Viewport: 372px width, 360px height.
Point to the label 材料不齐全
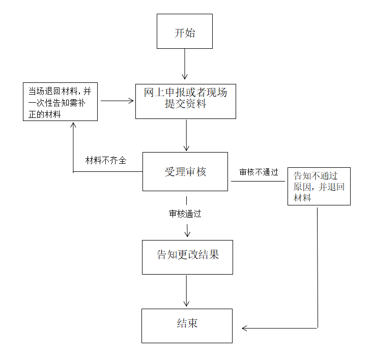tap(106, 161)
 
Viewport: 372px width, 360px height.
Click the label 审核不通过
tap(259, 172)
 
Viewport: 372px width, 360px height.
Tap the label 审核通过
tap(185, 214)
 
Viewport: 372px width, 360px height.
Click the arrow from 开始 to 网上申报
tap(185, 64)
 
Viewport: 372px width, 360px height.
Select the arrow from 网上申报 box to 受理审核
tap(186, 135)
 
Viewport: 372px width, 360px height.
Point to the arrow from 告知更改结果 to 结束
tap(186, 291)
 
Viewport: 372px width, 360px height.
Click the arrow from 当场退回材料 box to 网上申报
tap(117, 101)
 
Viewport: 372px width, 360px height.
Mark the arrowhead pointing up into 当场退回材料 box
tap(73, 125)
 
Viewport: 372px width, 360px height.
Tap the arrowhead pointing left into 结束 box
tap(244, 328)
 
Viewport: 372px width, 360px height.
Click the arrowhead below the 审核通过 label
tap(187, 234)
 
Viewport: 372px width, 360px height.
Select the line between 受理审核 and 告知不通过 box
tap(258, 182)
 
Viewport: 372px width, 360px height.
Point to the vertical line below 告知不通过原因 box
tap(318, 268)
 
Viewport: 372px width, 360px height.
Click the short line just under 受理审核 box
tap(186, 200)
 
